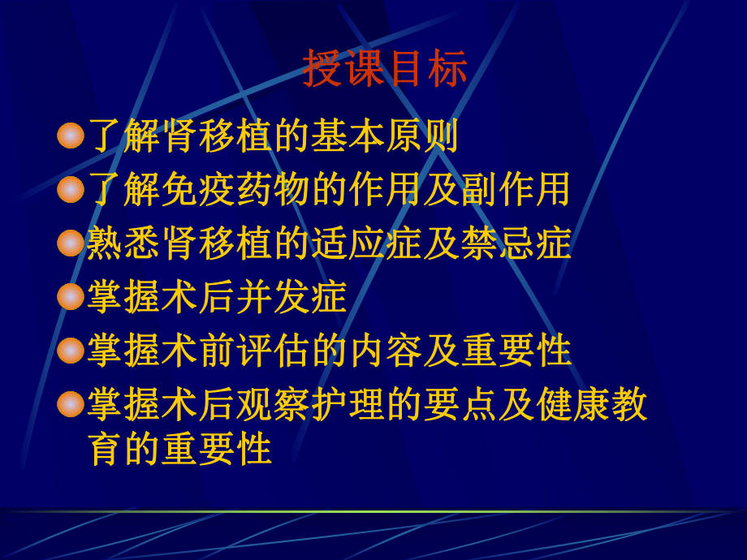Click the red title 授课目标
385,70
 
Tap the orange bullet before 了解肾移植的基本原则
71,136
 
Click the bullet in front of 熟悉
71,243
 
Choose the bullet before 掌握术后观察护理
71,403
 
